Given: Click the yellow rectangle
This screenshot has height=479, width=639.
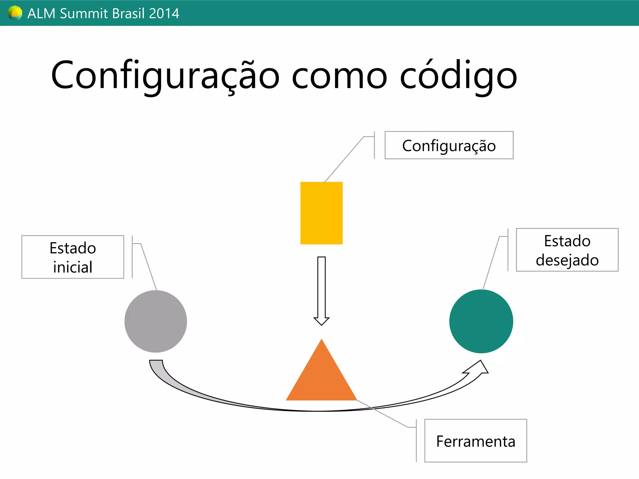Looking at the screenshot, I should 321,213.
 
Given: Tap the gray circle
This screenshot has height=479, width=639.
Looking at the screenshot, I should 156,321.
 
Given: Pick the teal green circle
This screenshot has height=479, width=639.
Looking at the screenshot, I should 481,321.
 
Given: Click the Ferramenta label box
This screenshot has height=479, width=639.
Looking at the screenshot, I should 476,441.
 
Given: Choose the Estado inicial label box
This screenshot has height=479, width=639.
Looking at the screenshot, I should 73,257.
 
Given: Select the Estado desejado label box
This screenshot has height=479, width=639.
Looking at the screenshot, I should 567,250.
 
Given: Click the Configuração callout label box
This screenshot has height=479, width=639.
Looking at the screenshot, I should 449,145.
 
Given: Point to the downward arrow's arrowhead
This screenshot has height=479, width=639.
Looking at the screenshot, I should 321,321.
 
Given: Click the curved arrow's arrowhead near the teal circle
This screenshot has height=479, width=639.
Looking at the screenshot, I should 478,368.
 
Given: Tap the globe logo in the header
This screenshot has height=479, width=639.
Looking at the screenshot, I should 15,13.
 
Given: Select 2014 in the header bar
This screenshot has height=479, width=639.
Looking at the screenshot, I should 164,13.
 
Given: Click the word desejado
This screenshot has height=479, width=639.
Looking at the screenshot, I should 567,260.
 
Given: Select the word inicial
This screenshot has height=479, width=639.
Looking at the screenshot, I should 73,267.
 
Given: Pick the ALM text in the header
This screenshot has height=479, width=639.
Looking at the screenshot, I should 41,13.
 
